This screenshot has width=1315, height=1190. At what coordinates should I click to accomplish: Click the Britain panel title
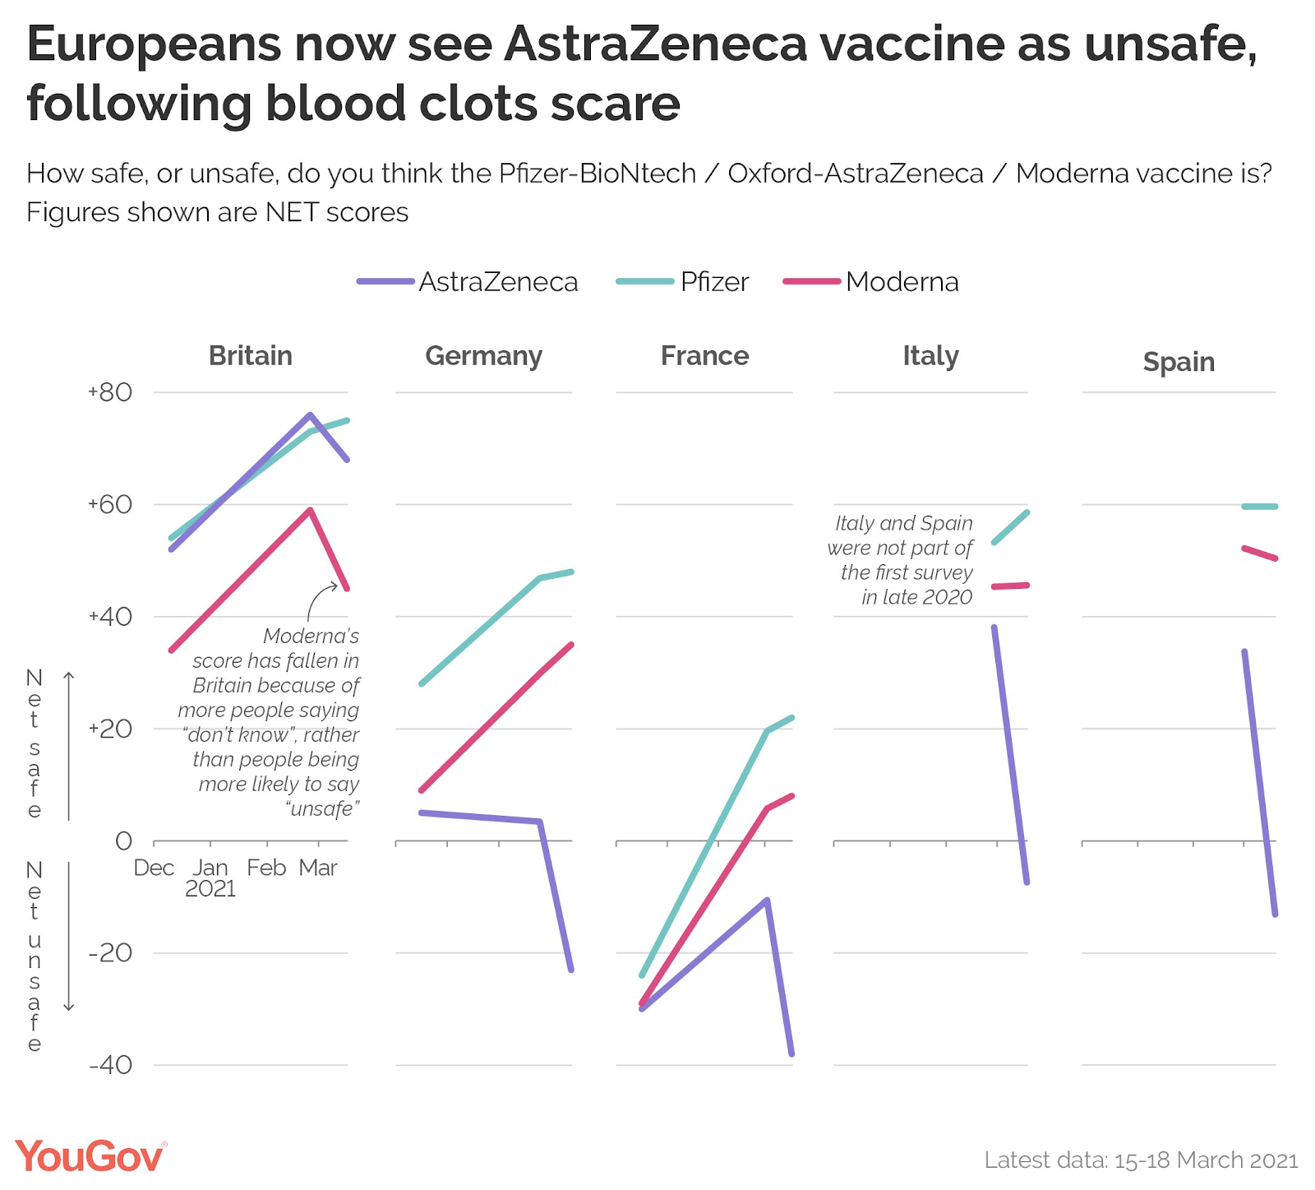251,355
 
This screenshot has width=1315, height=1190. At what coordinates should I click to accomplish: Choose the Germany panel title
483,356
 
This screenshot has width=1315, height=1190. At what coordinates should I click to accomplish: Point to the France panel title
704,355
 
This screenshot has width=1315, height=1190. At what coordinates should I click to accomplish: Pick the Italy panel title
930,355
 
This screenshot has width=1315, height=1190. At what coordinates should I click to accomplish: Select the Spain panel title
1179,362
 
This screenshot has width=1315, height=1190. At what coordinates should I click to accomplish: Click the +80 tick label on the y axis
110,392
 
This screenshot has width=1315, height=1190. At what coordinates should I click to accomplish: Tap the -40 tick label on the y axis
110,1065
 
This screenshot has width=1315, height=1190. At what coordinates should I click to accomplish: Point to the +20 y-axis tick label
110,729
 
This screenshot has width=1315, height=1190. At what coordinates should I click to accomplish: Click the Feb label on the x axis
266,868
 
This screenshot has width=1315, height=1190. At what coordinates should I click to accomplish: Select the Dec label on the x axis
154,868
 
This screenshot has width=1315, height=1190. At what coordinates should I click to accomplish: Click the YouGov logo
90,1156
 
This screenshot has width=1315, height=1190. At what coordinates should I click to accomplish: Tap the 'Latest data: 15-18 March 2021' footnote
1141,1160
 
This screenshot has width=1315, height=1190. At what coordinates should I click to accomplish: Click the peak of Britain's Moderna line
310,510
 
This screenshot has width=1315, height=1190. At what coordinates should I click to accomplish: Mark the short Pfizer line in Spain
1260,507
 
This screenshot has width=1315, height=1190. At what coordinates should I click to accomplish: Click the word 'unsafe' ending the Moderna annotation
323,809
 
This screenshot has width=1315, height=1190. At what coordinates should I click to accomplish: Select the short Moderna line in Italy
1011,586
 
